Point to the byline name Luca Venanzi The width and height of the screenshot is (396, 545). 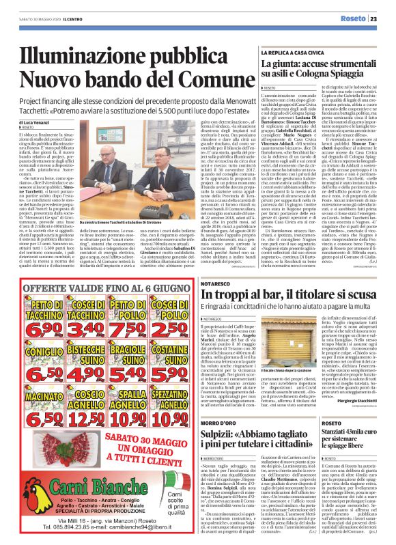(x=37, y=122)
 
